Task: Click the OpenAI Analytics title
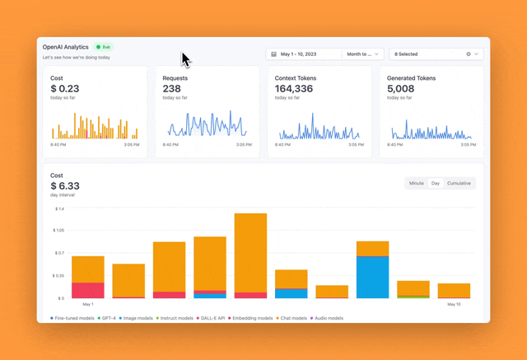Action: [66, 47]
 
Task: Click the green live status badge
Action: [103, 47]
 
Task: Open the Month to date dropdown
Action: [363, 54]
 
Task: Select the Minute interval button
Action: [417, 183]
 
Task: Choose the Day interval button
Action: [436, 183]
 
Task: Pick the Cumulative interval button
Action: [459, 183]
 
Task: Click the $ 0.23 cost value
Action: [65, 88]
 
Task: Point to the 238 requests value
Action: [172, 88]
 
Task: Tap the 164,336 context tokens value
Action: [294, 88]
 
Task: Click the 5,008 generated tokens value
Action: [401, 88]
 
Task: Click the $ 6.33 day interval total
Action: [65, 186]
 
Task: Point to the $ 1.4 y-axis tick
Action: [59, 209]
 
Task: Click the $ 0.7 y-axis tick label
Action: [59, 254]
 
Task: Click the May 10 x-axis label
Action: [454, 304]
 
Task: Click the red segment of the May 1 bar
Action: [88, 290]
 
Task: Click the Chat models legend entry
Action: [293, 317]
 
